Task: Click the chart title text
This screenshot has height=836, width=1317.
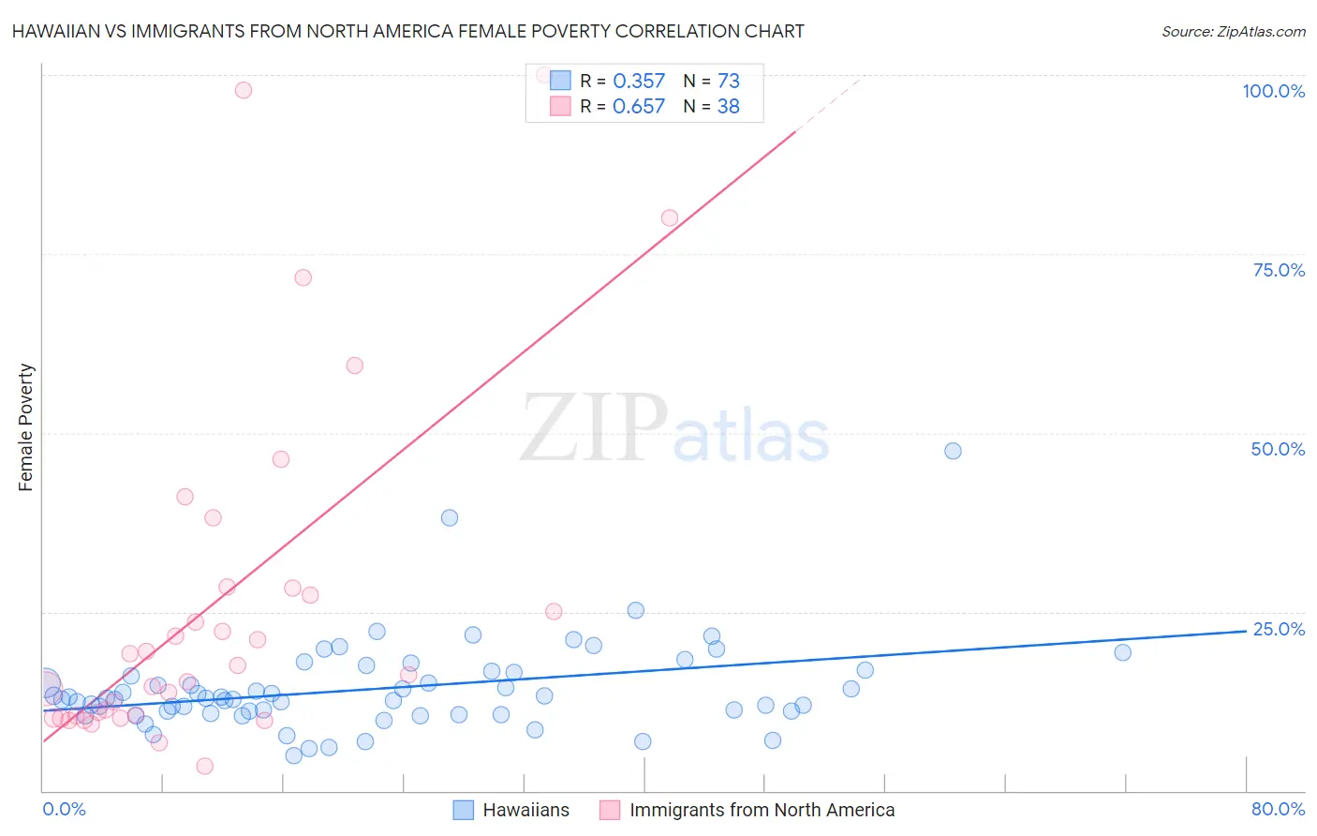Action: (x=407, y=31)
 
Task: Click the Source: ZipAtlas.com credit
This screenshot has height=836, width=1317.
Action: (x=1233, y=31)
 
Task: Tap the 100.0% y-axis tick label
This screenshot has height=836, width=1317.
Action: (x=1273, y=91)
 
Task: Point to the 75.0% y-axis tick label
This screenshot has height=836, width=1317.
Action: (x=1279, y=270)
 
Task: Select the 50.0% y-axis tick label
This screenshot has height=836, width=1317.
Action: (x=1278, y=449)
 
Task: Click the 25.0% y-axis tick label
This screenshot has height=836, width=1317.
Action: (x=1279, y=629)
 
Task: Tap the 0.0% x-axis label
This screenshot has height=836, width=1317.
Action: (x=64, y=809)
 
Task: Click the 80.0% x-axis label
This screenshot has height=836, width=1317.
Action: (x=1278, y=809)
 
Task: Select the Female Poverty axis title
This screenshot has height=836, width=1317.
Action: (x=26, y=427)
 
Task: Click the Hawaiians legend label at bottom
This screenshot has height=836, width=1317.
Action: (x=525, y=810)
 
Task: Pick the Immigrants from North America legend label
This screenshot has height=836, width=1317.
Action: (x=762, y=810)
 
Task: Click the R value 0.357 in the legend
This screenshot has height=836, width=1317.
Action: (x=639, y=82)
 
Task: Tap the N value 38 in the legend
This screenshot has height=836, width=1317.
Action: (x=729, y=107)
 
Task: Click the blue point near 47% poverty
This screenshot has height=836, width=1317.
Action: (x=953, y=451)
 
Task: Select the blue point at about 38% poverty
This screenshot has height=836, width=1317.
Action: (x=450, y=517)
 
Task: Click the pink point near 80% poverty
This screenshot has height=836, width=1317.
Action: (x=670, y=217)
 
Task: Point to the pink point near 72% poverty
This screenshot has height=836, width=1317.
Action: (x=303, y=277)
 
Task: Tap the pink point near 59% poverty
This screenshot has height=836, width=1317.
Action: (x=354, y=366)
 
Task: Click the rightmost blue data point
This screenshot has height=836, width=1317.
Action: (x=1122, y=652)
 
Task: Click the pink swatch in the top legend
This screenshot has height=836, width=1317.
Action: (x=560, y=106)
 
